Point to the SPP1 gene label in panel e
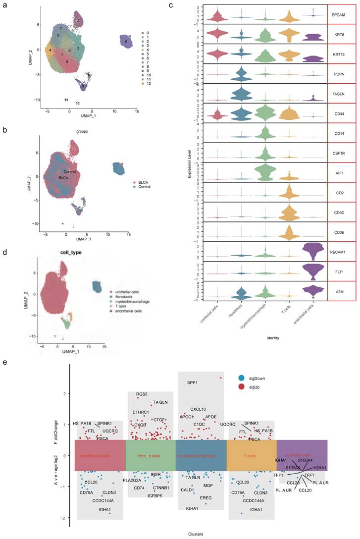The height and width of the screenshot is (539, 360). click(x=193, y=382)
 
